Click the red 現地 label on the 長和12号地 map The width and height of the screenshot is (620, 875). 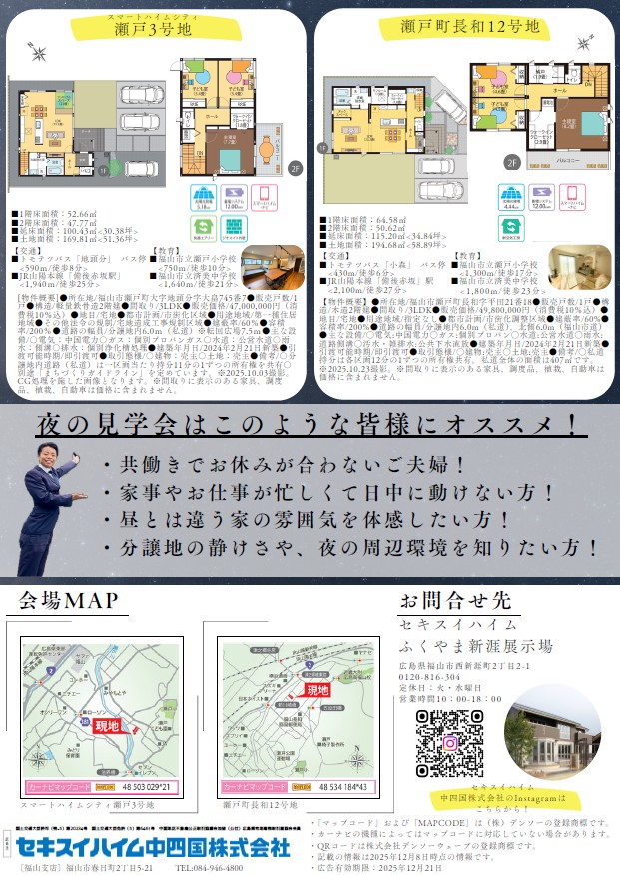[316, 689]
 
